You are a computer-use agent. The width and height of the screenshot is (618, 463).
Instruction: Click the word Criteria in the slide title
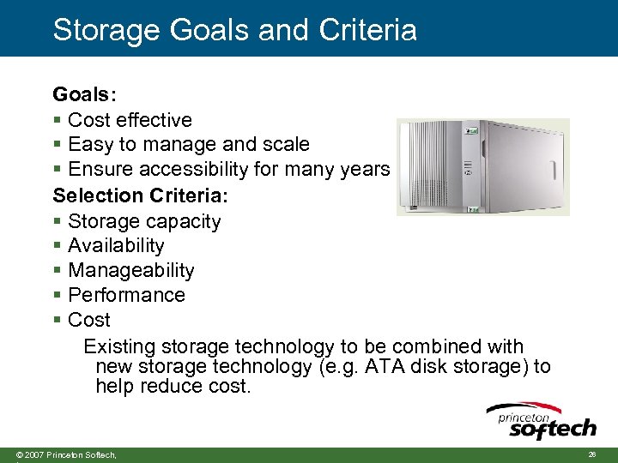[368, 29]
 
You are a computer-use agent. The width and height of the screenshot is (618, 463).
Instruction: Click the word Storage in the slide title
[105, 29]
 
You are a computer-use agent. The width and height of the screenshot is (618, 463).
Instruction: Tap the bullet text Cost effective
[130, 119]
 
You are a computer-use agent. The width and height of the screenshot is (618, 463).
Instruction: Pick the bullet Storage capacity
[144, 220]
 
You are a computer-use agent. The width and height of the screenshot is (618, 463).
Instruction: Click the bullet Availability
[116, 245]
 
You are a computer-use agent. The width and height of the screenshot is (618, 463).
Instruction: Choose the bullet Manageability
[131, 270]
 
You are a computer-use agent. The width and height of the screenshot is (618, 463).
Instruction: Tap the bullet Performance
[126, 295]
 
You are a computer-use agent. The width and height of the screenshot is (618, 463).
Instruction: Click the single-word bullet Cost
[89, 320]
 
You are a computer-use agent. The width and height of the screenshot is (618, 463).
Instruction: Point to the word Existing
[119, 346]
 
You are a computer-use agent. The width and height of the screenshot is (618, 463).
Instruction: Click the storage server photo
[482, 166]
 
